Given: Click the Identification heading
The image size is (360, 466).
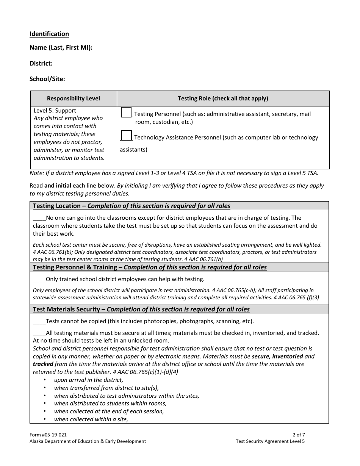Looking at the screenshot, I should tap(49, 34).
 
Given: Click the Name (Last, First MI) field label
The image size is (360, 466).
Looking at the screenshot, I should tap(61, 48).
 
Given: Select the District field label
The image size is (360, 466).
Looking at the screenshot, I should tap(41, 63).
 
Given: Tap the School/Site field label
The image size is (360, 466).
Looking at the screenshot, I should tap(47, 79).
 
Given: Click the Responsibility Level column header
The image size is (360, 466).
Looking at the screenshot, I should tap(74, 99).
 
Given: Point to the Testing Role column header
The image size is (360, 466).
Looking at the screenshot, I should tap(223, 99).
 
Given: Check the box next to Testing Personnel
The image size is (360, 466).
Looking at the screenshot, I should tap(126, 113).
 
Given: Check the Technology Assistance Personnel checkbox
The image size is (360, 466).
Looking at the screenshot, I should tap(126, 136).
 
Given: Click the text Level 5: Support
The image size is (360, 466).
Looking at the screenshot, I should tap(55, 111).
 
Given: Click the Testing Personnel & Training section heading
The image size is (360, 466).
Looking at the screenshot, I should tap(150, 267).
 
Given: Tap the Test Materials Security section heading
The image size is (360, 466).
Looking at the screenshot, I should tap(141, 310).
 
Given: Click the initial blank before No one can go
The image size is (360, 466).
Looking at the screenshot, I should tap(39, 218).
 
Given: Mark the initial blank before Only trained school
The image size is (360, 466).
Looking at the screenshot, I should tap(39, 280).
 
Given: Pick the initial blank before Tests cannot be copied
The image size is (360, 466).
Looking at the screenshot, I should tap(39, 322).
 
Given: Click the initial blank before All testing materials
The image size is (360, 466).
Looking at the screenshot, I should tap(39, 333).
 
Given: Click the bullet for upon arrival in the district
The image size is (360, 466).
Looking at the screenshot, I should tap(45, 380).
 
